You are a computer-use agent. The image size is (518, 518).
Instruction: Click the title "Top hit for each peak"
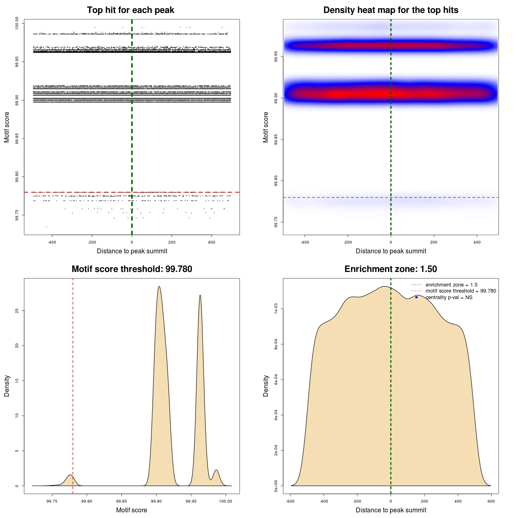[131, 10]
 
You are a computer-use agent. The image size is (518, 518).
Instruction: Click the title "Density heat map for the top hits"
[391, 10]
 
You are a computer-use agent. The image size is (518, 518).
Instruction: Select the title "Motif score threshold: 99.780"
[132, 269]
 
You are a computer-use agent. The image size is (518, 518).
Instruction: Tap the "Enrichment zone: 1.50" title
[391, 269]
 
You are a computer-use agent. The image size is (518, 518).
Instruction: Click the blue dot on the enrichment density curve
[416, 297]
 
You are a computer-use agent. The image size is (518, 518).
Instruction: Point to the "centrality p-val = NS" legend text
[449, 297]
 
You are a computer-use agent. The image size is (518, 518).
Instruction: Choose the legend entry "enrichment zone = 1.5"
[451, 285]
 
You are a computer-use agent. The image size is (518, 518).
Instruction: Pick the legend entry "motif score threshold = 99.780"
[461, 291]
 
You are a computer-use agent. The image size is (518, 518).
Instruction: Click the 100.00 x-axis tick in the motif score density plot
[225, 501]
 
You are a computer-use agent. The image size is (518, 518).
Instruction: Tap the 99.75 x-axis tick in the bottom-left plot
[52, 501]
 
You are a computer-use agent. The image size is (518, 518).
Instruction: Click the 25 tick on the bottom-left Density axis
[17, 310]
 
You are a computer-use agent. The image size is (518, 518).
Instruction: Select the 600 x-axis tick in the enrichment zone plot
[491, 501]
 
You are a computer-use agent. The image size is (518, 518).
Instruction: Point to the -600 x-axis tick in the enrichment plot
[290, 501]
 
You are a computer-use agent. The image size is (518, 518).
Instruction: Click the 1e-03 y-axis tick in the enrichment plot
[276, 309]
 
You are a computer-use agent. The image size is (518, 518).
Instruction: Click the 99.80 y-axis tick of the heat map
[276, 181]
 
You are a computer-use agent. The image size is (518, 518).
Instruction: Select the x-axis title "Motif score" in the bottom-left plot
[132, 510]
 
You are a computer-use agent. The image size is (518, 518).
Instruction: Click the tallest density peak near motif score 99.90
[159, 287]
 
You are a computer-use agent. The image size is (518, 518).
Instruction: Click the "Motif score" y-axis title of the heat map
[266, 127]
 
